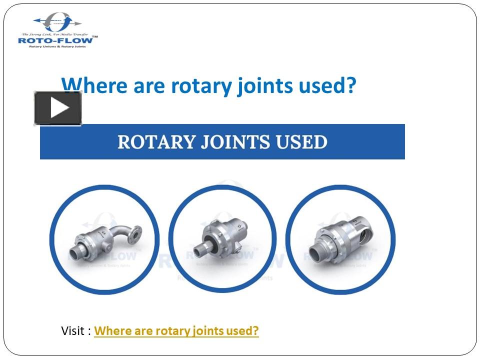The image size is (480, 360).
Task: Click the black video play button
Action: pos(58,108)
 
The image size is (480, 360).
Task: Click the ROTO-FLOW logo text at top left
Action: pos(55,40)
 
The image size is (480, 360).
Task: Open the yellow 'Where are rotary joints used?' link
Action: pos(176,331)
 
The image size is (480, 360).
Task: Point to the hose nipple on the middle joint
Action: pos(201,248)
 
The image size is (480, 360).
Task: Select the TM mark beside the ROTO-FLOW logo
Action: pos(95,36)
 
